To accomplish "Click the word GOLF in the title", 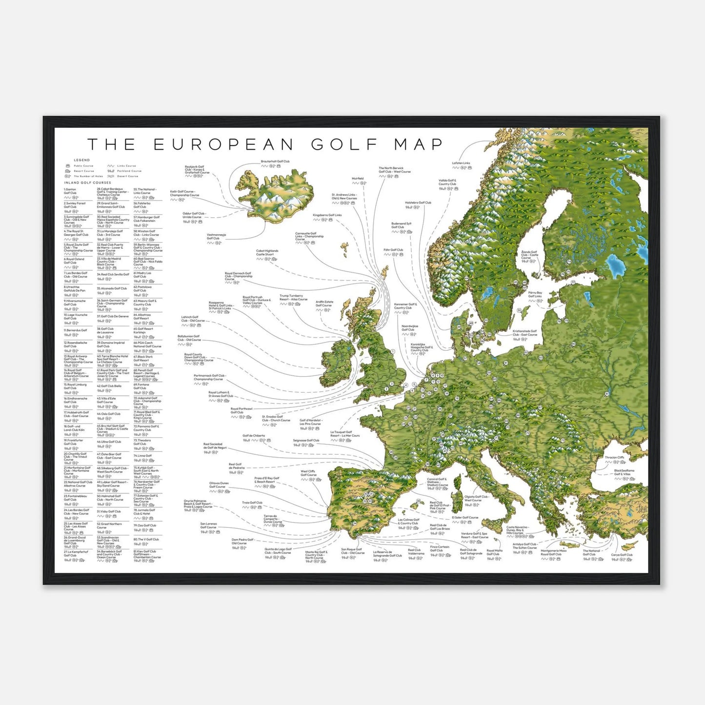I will click(344, 144).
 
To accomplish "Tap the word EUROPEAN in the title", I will click(224, 144).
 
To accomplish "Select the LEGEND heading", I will click(82, 160).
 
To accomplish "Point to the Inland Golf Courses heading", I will click(88, 183).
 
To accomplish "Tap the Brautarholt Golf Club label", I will click(275, 161).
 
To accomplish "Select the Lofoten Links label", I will click(461, 163).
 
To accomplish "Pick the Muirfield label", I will click(358, 179).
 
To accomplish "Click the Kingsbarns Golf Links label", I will click(327, 215).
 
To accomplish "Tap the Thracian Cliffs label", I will click(614, 458).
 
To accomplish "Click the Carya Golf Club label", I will click(622, 555).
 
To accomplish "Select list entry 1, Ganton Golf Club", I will click(70, 191).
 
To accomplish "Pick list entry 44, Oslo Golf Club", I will click(109, 414).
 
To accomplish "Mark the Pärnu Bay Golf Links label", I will click(535, 295).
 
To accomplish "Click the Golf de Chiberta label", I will click(254, 436).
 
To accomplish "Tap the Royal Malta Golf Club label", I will click(494, 552).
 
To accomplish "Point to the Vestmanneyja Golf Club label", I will click(216, 237).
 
